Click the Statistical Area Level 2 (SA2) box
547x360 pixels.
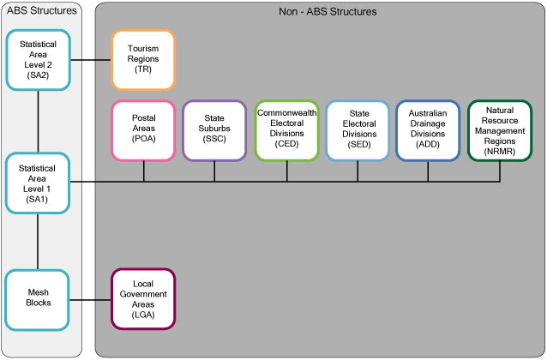39,60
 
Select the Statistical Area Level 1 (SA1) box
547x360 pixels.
39,182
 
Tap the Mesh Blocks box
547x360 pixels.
39,299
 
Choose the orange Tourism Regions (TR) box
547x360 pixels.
143,60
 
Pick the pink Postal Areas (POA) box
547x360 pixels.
143,130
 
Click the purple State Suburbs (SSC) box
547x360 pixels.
214,130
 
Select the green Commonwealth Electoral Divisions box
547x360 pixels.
286,130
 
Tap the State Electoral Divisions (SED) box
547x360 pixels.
358,130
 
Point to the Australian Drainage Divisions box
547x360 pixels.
428,130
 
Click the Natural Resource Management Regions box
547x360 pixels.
500,130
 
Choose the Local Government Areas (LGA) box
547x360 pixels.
143,299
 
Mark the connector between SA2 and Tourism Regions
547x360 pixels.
91,60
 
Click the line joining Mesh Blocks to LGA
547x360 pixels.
91,299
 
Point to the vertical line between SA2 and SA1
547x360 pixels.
39,121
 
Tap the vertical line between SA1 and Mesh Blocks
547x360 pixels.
39,242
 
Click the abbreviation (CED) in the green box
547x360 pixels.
286,145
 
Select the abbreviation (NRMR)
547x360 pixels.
500,150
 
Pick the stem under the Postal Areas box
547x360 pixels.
143,171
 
